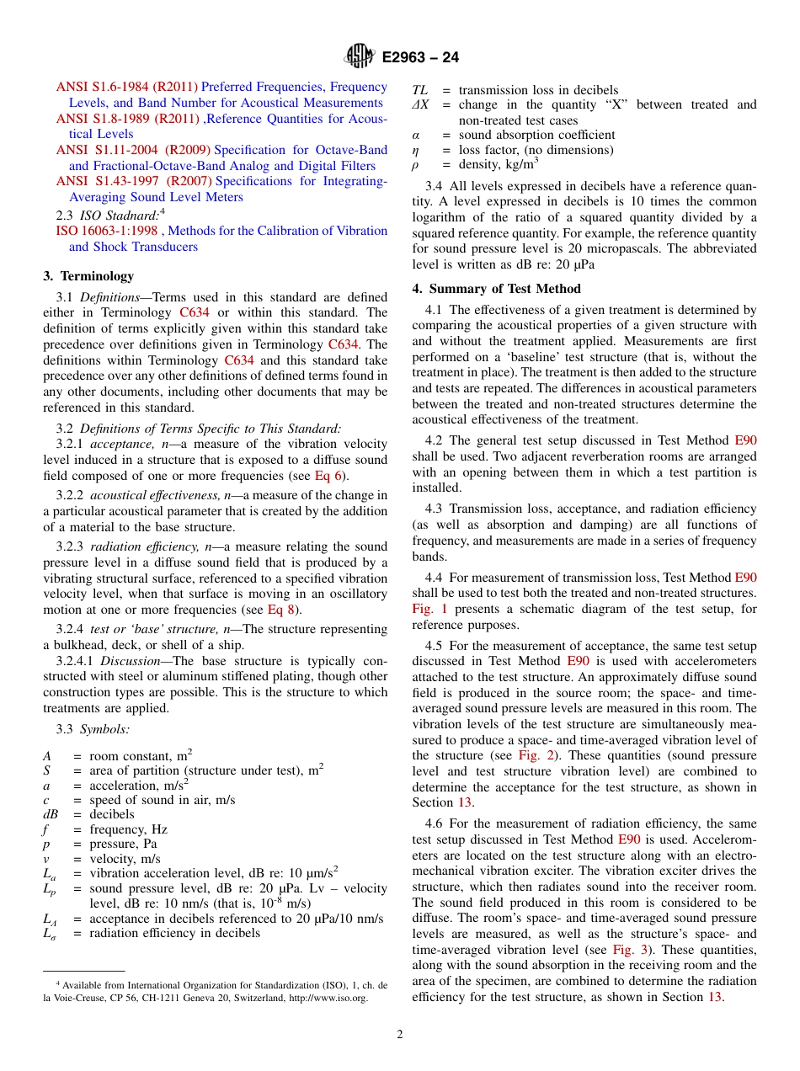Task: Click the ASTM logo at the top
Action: tap(360, 57)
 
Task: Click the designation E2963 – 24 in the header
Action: tap(420, 58)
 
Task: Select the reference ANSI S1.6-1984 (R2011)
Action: tap(127, 87)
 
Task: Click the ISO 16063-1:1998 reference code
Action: tap(107, 231)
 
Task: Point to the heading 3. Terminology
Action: tap(88, 276)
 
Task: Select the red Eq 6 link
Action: tap(328, 476)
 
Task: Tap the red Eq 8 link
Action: tap(282, 610)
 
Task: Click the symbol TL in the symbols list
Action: tap(419, 90)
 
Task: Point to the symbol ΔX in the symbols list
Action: tap(420, 105)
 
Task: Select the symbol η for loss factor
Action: tap(415, 151)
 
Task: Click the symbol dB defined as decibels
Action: tap(53, 814)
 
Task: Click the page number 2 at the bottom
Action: tap(400, 1034)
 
